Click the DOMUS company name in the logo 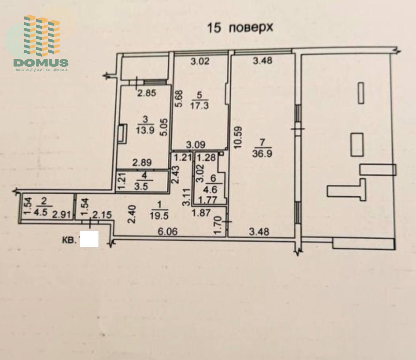pyautogui.click(x=41, y=63)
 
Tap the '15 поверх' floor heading pyautogui.click(x=240, y=28)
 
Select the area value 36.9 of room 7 pyautogui.click(x=262, y=154)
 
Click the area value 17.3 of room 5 pyautogui.click(x=200, y=105)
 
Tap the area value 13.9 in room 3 pyautogui.click(x=145, y=130)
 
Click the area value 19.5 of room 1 pyautogui.click(x=159, y=216)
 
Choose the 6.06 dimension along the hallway pyautogui.click(x=168, y=232)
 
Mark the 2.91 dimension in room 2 pyautogui.click(x=62, y=215)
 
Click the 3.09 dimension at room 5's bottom pyautogui.click(x=195, y=145)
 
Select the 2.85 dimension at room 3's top pyautogui.click(x=147, y=93)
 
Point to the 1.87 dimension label pyautogui.click(x=201, y=213)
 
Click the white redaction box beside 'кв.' pyautogui.click(x=89, y=239)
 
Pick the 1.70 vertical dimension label pyautogui.click(x=218, y=225)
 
